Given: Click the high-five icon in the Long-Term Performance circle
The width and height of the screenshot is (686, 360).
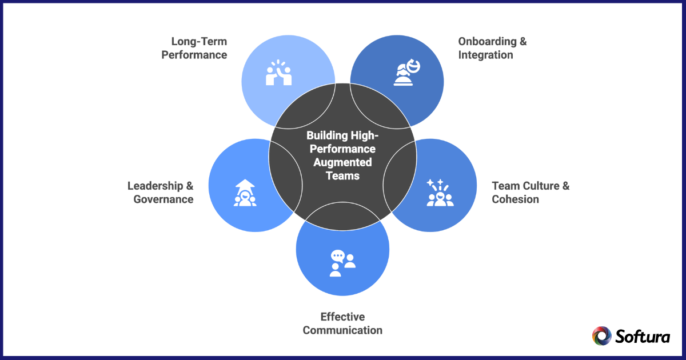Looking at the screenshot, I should pos(279,73).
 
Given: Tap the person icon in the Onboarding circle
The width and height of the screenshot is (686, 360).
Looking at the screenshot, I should pos(408,73).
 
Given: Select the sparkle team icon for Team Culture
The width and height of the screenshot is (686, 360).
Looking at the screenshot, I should pos(440,193).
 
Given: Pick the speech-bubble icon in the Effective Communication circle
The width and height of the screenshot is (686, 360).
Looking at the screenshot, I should pos(342,263).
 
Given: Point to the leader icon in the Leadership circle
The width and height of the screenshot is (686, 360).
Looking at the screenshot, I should pos(245,193).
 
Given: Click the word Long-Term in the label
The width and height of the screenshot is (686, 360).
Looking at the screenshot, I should pos(199,42).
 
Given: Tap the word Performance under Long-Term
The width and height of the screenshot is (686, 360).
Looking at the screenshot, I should pos(194,55).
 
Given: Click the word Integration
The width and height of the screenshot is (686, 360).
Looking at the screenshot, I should pos(485,55).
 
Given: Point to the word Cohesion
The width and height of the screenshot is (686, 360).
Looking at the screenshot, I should pos(515,199).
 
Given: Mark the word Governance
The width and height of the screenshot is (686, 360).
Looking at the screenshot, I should pos(163,199).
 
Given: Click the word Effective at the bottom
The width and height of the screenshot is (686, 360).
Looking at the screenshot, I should pos(342,317).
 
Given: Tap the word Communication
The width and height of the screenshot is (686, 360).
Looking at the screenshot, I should pos(342,330).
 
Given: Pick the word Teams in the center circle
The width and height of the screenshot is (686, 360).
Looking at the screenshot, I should pos(342,175).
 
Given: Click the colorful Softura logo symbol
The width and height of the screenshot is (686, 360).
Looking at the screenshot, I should pos(601,336).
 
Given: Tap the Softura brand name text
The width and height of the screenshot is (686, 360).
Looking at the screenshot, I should pos(643,336).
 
